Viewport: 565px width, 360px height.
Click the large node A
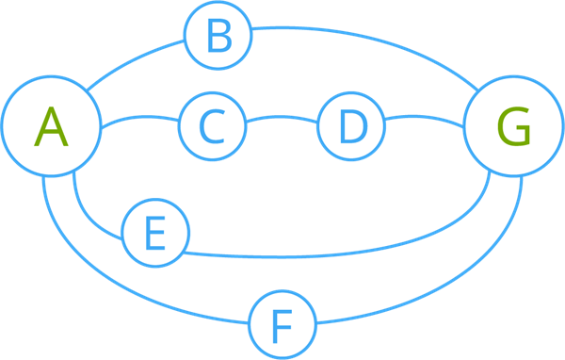point(51,127)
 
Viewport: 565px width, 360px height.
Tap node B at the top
point(218,38)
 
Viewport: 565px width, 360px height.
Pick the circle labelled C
point(212,126)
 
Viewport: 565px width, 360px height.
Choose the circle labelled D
point(350,126)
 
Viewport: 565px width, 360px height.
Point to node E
point(155,233)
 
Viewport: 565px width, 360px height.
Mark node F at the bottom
point(282,325)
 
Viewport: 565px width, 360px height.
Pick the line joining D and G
point(424,119)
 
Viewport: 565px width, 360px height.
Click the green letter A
point(51,127)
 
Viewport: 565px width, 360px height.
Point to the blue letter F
point(282,326)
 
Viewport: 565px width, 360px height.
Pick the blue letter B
point(218,39)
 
